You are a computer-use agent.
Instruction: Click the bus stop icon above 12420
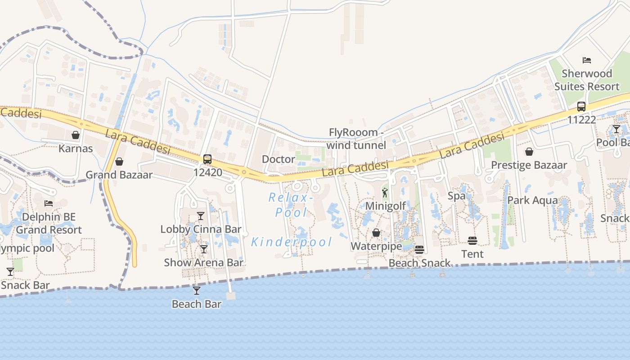pos(207,159)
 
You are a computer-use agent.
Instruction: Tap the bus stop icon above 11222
pos(581,107)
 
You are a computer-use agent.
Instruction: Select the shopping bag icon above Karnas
pos(76,135)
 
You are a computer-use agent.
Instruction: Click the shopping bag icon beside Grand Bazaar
pos(119,162)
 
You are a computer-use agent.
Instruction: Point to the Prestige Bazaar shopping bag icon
pos(529,152)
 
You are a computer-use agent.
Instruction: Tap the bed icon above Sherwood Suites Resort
pos(587,60)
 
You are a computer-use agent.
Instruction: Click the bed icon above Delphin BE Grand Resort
pos(49,203)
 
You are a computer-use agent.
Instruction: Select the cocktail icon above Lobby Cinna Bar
pos(201,216)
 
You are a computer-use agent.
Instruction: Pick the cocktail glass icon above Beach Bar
pos(197,291)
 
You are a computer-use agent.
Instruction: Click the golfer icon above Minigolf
pos(385,193)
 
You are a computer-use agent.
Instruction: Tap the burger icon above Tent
pos(472,241)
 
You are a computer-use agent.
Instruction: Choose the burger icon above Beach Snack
pos(419,250)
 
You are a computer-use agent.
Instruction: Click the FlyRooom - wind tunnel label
pos(356,139)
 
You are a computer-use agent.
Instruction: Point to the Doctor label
pos(279,159)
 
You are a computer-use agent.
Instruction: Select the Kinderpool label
pos(292,242)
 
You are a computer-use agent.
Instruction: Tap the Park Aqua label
pos(532,200)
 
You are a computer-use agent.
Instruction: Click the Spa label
pos(456,196)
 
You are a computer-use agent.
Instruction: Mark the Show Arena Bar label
pos(203,262)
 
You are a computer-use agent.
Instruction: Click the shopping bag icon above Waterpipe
pos(376,233)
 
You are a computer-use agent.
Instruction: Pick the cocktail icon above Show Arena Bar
pos(204,249)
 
